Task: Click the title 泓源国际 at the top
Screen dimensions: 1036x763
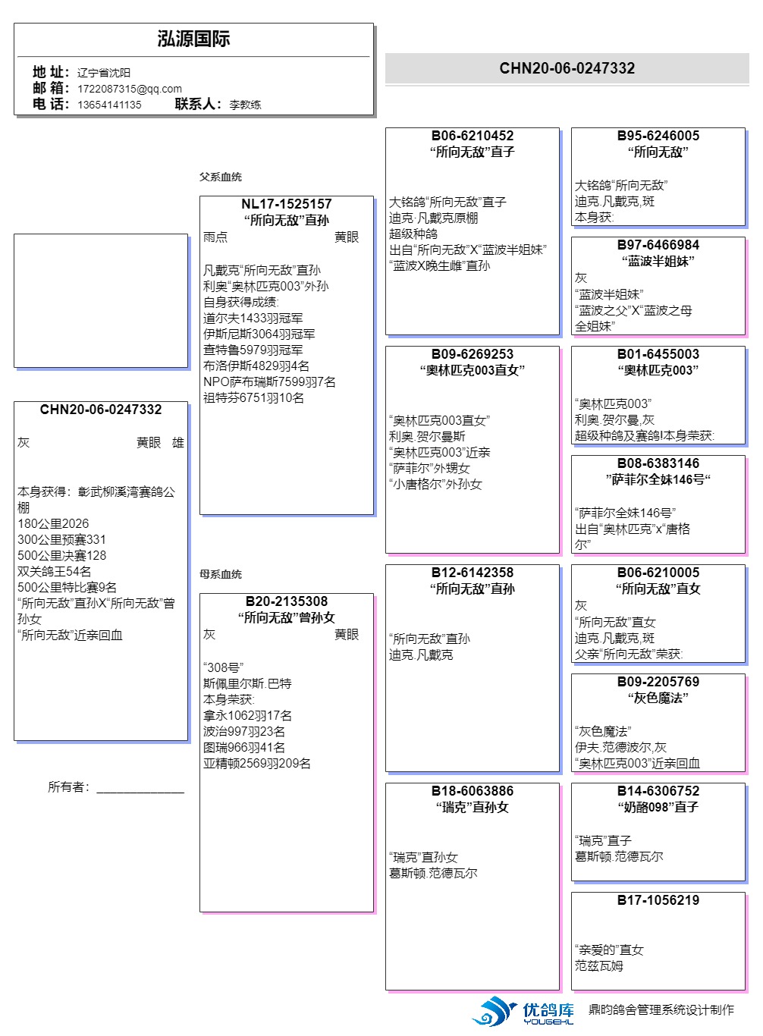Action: (x=193, y=39)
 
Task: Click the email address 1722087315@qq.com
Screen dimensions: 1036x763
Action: (x=130, y=89)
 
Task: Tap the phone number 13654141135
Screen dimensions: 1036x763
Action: (x=109, y=105)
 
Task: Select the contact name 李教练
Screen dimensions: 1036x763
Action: (x=245, y=105)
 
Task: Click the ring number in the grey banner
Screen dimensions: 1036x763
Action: (x=567, y=68)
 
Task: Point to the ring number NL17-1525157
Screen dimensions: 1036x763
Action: (x=286, y=204)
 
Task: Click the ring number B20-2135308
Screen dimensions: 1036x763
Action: (x=286, y=601)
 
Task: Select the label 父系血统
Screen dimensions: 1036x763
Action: (x=220, y=177)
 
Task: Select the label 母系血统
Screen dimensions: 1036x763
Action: (x=220, y=574)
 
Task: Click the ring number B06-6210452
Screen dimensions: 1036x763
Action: (x=472, y=136)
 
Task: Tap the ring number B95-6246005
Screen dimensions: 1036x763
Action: (x=658, y=136)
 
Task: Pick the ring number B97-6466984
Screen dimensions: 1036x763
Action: (x=658, y=245)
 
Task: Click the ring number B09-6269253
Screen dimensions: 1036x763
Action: (x=472, y=354)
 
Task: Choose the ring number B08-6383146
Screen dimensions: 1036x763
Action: (x=658, y=463)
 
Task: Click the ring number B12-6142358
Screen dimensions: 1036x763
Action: (x=472, y=573)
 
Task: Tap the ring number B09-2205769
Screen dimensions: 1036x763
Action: (x=658, y=682)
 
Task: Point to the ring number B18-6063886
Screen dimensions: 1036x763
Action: (x=472, y=791)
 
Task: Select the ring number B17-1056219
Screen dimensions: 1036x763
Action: (x=658, y=900)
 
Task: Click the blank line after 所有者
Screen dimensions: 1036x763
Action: (x=140, y=788)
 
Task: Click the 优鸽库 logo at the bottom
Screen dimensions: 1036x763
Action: (x=523, y=1012)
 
